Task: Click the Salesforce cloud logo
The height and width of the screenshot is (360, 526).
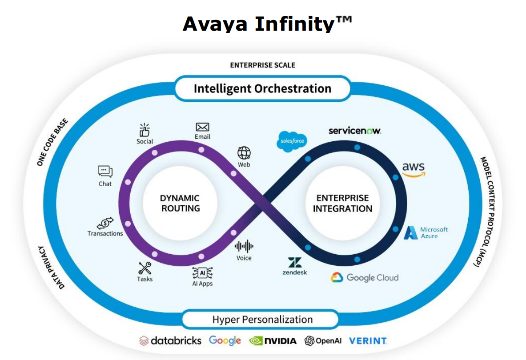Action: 292,141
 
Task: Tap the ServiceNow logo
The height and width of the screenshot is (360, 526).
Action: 355,131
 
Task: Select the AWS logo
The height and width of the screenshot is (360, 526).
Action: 413,169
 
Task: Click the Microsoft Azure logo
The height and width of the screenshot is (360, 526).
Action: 426,232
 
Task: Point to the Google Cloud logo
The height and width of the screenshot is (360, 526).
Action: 364,277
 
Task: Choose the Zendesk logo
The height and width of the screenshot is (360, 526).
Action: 294,266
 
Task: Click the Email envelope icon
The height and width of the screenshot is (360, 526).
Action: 202,128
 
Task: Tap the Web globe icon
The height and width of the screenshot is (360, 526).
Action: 244,153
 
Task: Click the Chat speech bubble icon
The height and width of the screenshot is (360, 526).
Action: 105,172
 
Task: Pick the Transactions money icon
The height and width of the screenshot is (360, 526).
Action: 105,223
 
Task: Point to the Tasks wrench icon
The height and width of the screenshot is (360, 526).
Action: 145,268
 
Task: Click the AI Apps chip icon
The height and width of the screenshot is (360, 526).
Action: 202,272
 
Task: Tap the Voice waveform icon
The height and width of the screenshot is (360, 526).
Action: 244,246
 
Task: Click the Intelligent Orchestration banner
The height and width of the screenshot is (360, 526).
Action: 262,88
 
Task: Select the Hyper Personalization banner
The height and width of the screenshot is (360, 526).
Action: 262,320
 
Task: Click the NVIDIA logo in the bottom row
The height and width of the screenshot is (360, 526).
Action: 273,341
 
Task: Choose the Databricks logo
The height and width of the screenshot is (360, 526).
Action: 170,341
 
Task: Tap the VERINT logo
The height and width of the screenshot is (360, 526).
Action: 368,341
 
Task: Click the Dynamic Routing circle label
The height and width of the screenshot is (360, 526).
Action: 180,203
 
